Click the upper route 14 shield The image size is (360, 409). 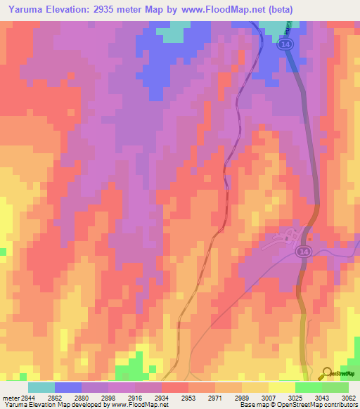[x=285, y=44]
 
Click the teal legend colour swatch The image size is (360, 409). [x=41, y=387]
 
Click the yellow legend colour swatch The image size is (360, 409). [x=281, y=387]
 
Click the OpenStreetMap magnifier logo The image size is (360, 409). [x=326, y=375]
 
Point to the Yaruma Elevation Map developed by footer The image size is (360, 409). [x=49, y=405]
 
